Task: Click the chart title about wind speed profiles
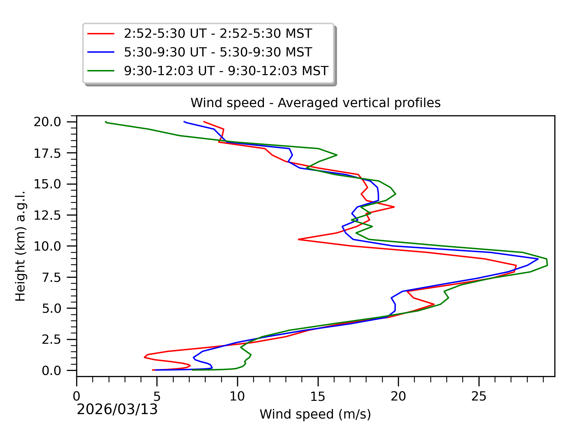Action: coord(315,103)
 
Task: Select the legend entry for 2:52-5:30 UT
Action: coord(218,34)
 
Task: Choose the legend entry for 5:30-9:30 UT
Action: coord(218,52)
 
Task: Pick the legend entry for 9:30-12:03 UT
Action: coord(226,71)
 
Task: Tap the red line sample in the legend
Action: coord(101,34)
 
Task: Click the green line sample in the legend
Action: coord(101,71)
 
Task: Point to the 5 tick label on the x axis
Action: coord(157,396)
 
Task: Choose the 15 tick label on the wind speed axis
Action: coord(318,396)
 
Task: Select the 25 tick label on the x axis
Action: coord(479,396)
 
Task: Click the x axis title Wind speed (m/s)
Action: coord(315,414)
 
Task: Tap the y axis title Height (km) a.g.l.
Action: coord(20,246)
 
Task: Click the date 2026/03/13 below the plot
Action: coord(117,409)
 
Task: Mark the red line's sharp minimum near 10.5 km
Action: coord(299,239)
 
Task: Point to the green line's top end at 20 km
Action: coord(106,122)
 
